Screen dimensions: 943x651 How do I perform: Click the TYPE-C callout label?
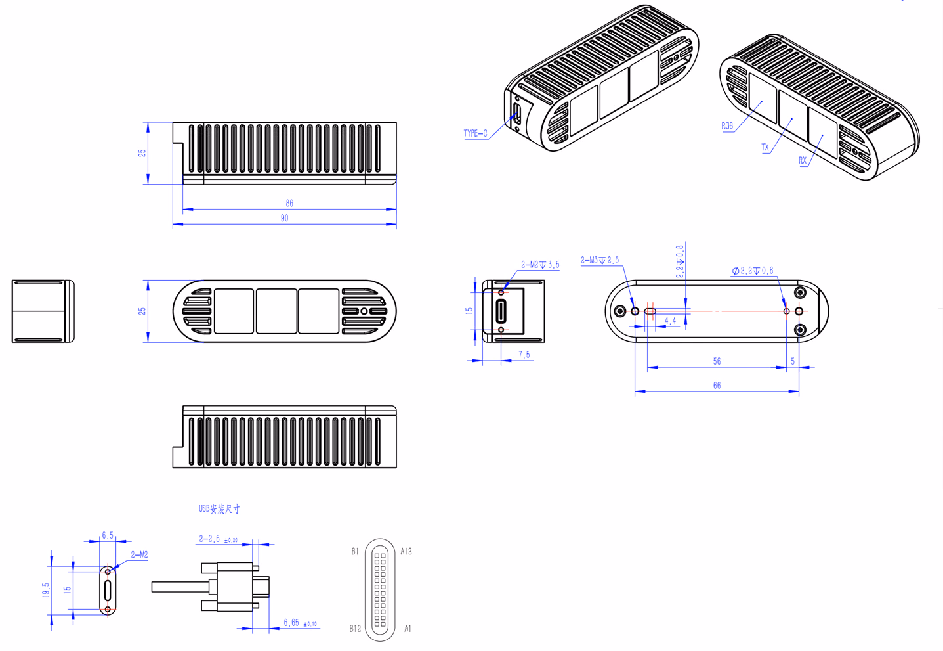[475, 133]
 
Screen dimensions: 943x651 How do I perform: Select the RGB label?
[727, 126]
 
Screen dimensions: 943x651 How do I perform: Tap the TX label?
[765, 147]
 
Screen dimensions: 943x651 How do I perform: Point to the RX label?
[803, 160]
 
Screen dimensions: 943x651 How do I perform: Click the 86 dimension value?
[289, 203]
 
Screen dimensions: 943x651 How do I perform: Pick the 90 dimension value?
[285, 218]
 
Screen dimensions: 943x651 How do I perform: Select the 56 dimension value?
[717, 361]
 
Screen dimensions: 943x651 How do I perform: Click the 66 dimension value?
[717, 385]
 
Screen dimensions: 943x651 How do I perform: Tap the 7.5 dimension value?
[524, 355]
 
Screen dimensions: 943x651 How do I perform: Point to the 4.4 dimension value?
[670, 321]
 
